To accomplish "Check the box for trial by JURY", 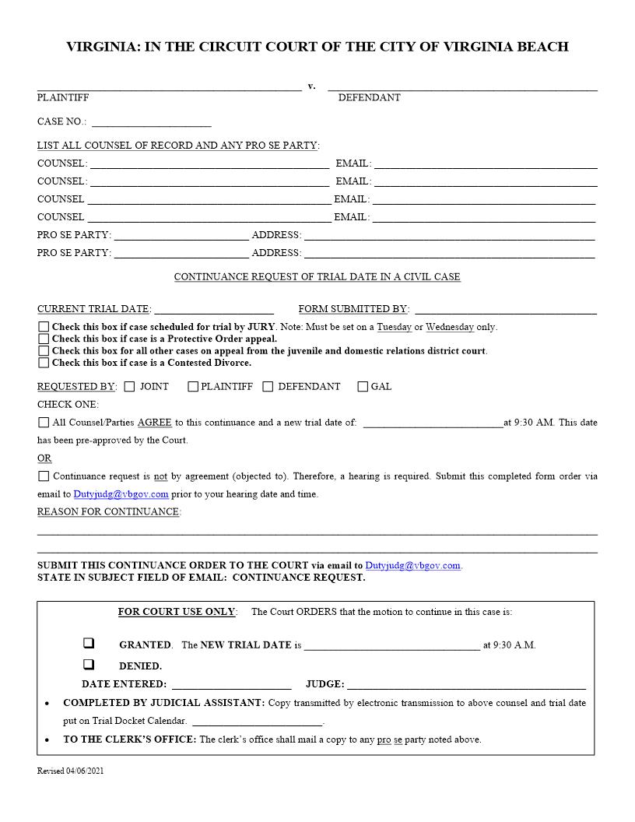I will click(44, 327).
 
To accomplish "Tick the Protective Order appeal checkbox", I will click(44, 339).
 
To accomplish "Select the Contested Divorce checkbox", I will click(44, 362).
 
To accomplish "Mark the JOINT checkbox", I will click(129, 386).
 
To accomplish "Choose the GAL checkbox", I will click(363, 386).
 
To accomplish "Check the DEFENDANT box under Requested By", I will click(268, 386).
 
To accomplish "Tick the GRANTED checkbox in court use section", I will click(89, 644).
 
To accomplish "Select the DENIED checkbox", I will click(89, 665).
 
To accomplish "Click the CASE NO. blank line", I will click(151, 122).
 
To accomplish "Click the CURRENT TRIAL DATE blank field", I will click(214, 310).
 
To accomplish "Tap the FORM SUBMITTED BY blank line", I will click(506, 310).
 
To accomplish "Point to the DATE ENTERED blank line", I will click(231, 685).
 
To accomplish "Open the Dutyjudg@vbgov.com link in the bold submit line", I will click(412, 566).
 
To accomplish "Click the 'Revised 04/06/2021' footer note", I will click(71, 771).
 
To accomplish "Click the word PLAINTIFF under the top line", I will click(63, 98).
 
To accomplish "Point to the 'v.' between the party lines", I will click(311, 86).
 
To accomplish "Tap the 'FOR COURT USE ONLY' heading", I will click(176, 612).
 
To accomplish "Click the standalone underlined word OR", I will click(44, 458).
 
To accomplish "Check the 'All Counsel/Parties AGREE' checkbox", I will click(44, 423).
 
